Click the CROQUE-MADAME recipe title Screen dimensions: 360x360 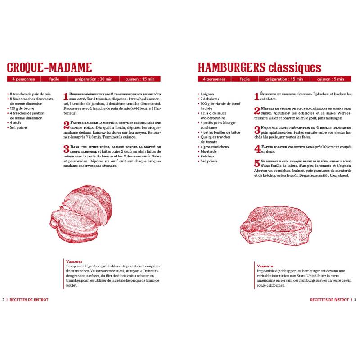click(x=49, y=67)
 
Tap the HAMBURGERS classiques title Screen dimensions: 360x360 click(x=259, y=67)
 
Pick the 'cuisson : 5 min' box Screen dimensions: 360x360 click(x=331, y=79)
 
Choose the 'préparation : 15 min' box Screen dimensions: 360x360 click(x=284, y=79)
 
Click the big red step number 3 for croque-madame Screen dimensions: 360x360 click(x=66, y=149)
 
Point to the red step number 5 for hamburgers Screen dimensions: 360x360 click(x=257, y=164)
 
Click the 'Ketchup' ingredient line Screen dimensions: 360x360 click(x=207, y=156)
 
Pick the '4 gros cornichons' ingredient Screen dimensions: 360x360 click(x=214, y=147)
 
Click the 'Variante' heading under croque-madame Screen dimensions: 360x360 click(x=73, y=261)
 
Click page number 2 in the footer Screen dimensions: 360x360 click(x=4, y=299)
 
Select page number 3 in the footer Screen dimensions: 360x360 click(x=355, y=299)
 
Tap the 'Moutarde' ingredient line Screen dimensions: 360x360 click(x=208, y=152)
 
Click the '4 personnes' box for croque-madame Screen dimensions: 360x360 click(x=23, y=79)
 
